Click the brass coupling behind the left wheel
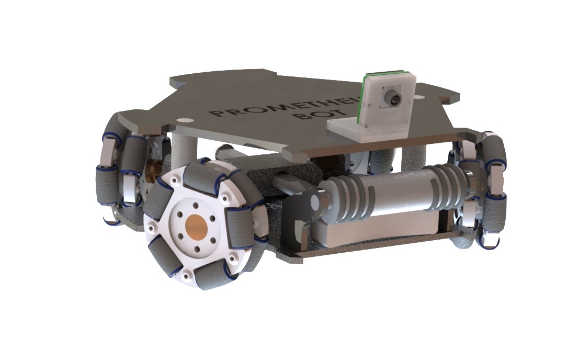pyautogui.click(x=153, y=168)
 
